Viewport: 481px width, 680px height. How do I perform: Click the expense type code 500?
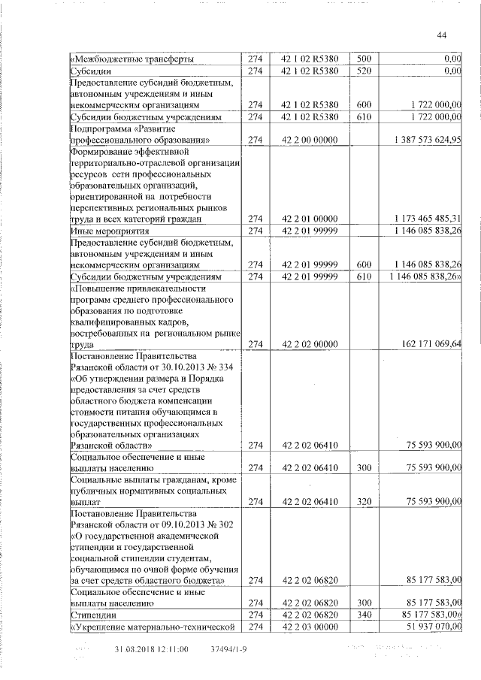pyautogui.click(x=363, y=59)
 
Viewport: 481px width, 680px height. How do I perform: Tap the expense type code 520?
pyautogui.click(x=363, y=71)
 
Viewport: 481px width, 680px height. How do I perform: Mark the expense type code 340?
pyautogui.click(x=363, y=615)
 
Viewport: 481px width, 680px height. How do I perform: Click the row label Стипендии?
pyautogui.click(x=91, y=615)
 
